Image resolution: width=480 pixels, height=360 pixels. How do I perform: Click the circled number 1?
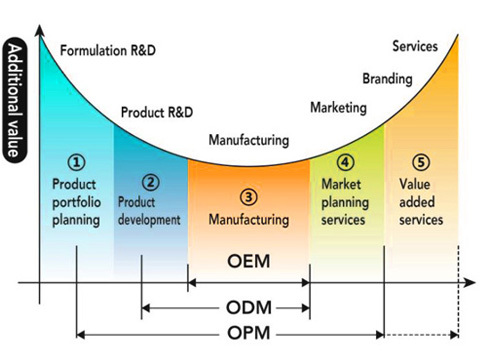tap(77, 161)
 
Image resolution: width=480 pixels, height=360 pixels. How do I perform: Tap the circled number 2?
tap(150, 182)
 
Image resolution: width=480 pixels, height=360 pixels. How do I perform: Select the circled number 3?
tap(248, 196)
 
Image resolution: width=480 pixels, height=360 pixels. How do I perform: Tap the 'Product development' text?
tap(149, 210)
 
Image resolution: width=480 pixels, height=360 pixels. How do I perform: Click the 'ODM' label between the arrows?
tap(249, 307)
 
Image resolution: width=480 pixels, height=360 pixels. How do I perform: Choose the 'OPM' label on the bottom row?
tap(249, 333)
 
